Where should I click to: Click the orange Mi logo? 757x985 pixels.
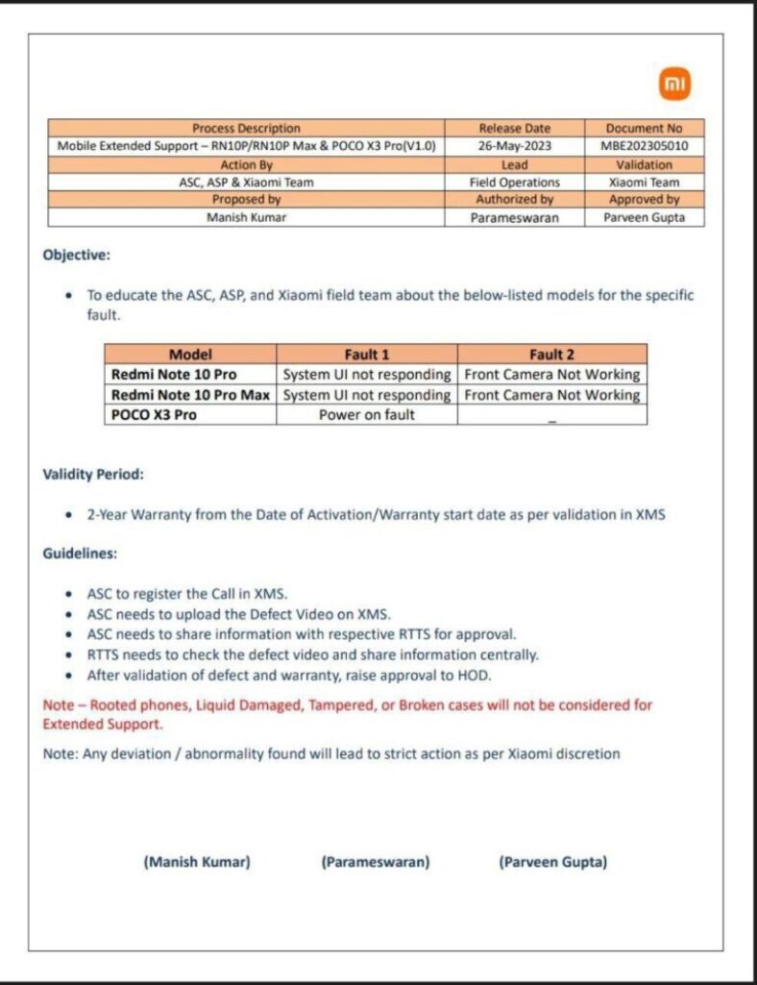coord(675,86)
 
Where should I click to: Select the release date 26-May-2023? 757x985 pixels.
coord(514,146)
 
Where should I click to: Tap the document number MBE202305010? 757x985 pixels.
coord(644,146)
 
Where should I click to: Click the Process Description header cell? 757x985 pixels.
coord(246,128)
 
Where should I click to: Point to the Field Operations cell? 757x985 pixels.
coord(514,182)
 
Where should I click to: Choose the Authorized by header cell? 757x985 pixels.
coord(514,199)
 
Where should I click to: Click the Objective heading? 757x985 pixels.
coord(77,256)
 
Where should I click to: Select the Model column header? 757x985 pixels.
coord(190,354)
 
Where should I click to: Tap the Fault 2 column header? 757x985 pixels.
coord(552,354)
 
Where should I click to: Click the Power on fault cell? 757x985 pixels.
coord(367,415)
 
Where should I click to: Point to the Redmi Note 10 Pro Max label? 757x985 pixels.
coord(191,395)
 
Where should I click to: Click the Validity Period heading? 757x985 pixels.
coord(93,474)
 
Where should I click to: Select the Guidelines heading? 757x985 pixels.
coord(80,554)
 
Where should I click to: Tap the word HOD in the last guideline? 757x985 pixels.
coord(476,676)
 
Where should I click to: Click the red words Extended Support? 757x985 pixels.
coord(102,724)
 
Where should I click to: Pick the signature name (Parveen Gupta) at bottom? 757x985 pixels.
coord(552,862)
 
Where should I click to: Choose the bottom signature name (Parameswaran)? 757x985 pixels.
coord(375,862)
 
